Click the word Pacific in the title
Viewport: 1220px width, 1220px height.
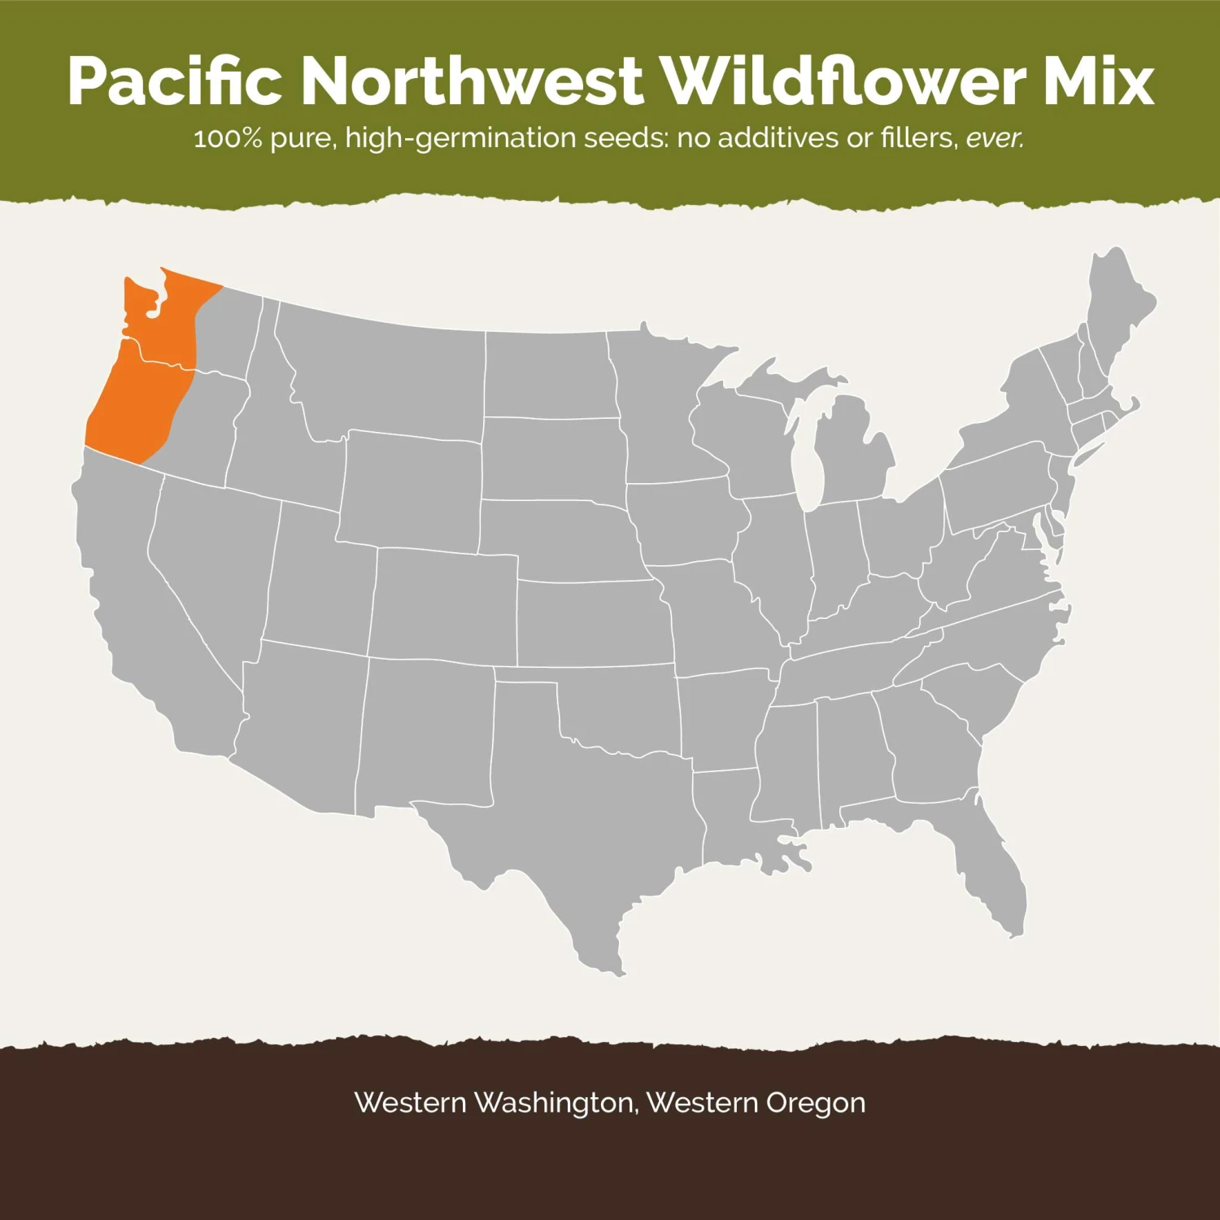(174, 81)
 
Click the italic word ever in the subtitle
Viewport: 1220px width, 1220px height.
(994, 138)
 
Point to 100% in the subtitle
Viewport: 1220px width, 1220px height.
(228, 138)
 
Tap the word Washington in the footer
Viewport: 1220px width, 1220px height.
(554, 1103)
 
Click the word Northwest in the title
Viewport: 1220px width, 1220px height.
(472, 81)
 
